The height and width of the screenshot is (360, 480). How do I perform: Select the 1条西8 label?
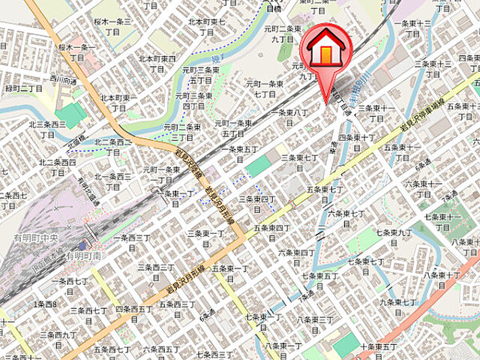click(x=46, y=304)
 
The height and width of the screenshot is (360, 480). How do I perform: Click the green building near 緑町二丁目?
click(x=71, y=114)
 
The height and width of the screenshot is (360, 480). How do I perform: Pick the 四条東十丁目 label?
click(x=357, y=142)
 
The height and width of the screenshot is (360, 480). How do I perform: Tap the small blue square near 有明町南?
click(x=82, y=245)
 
